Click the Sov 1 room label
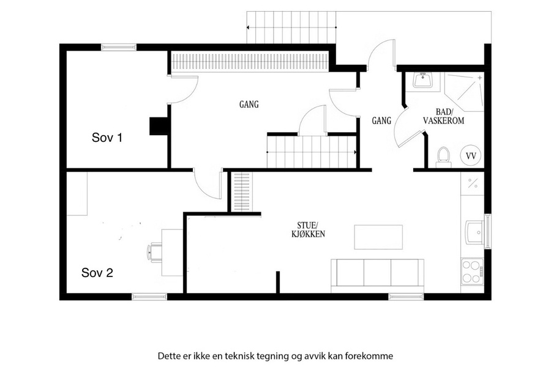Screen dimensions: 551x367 pos(107,137)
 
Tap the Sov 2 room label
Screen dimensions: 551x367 pos(97,273)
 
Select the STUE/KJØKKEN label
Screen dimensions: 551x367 pos(308,230)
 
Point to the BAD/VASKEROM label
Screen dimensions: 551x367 pos(443,117)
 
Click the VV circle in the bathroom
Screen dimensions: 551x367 pos(471,155)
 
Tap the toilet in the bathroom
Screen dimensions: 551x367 pos(443,157)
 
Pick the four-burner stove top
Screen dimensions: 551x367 pos(472,271)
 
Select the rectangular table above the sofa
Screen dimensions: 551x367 pos(378,237)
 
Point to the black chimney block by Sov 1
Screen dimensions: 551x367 pos(159,126)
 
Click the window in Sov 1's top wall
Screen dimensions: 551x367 pos(119,47)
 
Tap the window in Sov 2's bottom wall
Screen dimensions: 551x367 pos(149,297)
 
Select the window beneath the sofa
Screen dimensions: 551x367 pos(406,297)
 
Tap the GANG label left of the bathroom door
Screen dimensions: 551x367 pos(381,121)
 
